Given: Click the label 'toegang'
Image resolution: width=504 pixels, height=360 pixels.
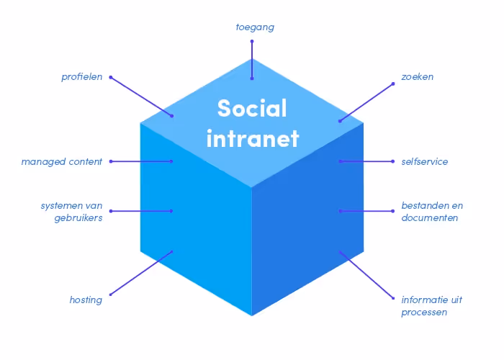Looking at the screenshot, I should tap(255, 27).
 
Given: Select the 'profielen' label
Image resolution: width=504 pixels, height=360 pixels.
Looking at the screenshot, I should tap(81, 77).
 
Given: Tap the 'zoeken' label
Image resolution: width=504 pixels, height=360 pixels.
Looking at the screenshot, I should tap(418, 77).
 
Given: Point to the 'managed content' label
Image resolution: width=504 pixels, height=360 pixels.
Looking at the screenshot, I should tap(61, 161).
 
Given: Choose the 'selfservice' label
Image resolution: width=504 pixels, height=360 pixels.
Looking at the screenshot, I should tap(425, 161).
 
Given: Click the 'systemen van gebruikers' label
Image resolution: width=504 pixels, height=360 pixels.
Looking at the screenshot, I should tap(71, 212).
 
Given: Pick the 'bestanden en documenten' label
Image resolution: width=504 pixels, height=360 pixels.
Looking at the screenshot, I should tap(432, 212).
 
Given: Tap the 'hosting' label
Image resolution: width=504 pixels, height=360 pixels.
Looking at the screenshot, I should tap(86, 300).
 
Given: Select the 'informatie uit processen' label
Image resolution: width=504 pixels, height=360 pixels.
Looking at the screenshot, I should tap(432, 306).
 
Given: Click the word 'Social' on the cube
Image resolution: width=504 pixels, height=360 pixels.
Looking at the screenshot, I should tap(252, 109).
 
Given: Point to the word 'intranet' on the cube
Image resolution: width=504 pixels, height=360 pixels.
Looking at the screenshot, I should tap(252, 138).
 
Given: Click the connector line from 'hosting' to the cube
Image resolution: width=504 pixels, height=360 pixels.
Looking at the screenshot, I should tap(141, 273).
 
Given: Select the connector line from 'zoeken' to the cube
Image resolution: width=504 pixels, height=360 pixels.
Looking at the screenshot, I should tap(366, 102).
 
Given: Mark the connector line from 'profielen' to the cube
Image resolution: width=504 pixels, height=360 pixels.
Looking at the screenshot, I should tap(141, 96).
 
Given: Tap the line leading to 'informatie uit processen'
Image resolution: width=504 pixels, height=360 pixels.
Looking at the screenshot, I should tap(366, 274).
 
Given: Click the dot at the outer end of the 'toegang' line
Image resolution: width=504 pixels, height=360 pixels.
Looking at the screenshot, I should tap(252, 41).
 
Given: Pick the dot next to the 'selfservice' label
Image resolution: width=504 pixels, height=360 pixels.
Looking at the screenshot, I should tap(393, 161).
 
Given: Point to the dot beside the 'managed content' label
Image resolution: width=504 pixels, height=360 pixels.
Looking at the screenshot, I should tap(110, 161).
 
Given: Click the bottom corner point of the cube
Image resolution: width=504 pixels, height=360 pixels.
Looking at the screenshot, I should tap(252, 315).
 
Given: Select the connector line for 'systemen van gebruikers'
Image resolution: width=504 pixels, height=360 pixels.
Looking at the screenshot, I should tap(141, 211).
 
